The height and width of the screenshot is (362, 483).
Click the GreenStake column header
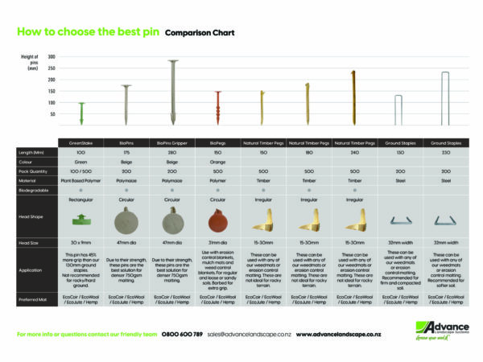click(x=80, y=142)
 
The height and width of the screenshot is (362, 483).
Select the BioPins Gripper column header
click(x=171, y=142)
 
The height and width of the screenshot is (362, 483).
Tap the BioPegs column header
click(x=217, y=142)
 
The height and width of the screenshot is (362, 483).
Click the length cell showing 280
click(x=171, y=151)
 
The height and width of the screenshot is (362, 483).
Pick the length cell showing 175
click(x=126, y=151)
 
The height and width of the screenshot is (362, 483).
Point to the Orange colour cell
click(x=217, y=160)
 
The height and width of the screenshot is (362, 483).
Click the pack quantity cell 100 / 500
click(x=80, y=171)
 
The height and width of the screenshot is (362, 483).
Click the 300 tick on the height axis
click(x=52, y=57)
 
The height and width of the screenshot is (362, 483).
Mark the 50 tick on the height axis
click(x=52, y=114)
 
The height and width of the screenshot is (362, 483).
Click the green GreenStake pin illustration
click(x=80, y=113)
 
